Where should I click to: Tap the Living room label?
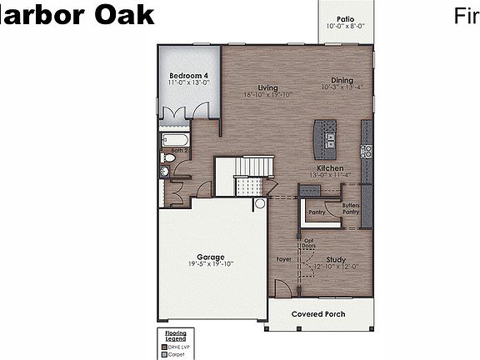267,87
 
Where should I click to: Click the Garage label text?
210,257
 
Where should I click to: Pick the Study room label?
336,259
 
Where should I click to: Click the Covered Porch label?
318,314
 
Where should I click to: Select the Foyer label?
284,260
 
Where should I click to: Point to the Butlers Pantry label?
351,209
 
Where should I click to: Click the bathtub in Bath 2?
175,140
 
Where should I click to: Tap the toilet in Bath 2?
169,157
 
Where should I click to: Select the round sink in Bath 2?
165,172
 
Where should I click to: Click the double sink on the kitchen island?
330,138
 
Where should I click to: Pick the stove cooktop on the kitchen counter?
365,151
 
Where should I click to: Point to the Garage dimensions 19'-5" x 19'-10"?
210,264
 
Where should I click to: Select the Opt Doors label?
308,244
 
